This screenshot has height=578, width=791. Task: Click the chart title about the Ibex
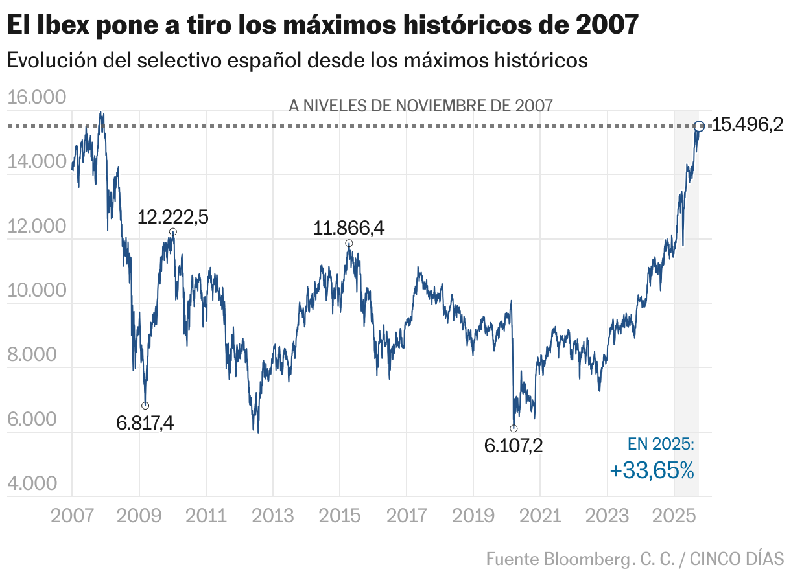(x=322, y=25)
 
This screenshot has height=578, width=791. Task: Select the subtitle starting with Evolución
(x=297, y=60)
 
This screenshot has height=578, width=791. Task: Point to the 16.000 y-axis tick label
(x=37, y=98)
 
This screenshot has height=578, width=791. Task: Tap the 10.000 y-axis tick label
(x=37, y=291)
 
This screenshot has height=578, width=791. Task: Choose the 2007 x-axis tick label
(x=72, y=516)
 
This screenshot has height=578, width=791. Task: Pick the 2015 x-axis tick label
(x=339, y=516)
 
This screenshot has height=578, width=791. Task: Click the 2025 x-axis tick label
(x=674, y=516)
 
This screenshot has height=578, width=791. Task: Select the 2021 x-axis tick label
(x=539, y=516)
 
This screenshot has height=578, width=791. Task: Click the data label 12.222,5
(x=172, y=216)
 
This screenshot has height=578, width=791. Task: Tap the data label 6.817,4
(x=145, y=423)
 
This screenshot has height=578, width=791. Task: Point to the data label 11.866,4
(x=349, y=228)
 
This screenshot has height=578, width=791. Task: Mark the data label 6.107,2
(x=514, y=445)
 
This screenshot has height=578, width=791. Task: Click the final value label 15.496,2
(x=748, y=125)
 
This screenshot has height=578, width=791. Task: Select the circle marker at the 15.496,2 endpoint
(x=699, y=126)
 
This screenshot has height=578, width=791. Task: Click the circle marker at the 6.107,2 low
(x=514, y=428)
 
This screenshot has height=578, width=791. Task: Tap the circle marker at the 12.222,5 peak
(x=172, y=232)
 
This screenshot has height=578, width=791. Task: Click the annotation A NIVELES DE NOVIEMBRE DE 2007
(x=421, y=106)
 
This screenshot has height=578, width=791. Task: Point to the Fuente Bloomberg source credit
(x=635, y=558)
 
